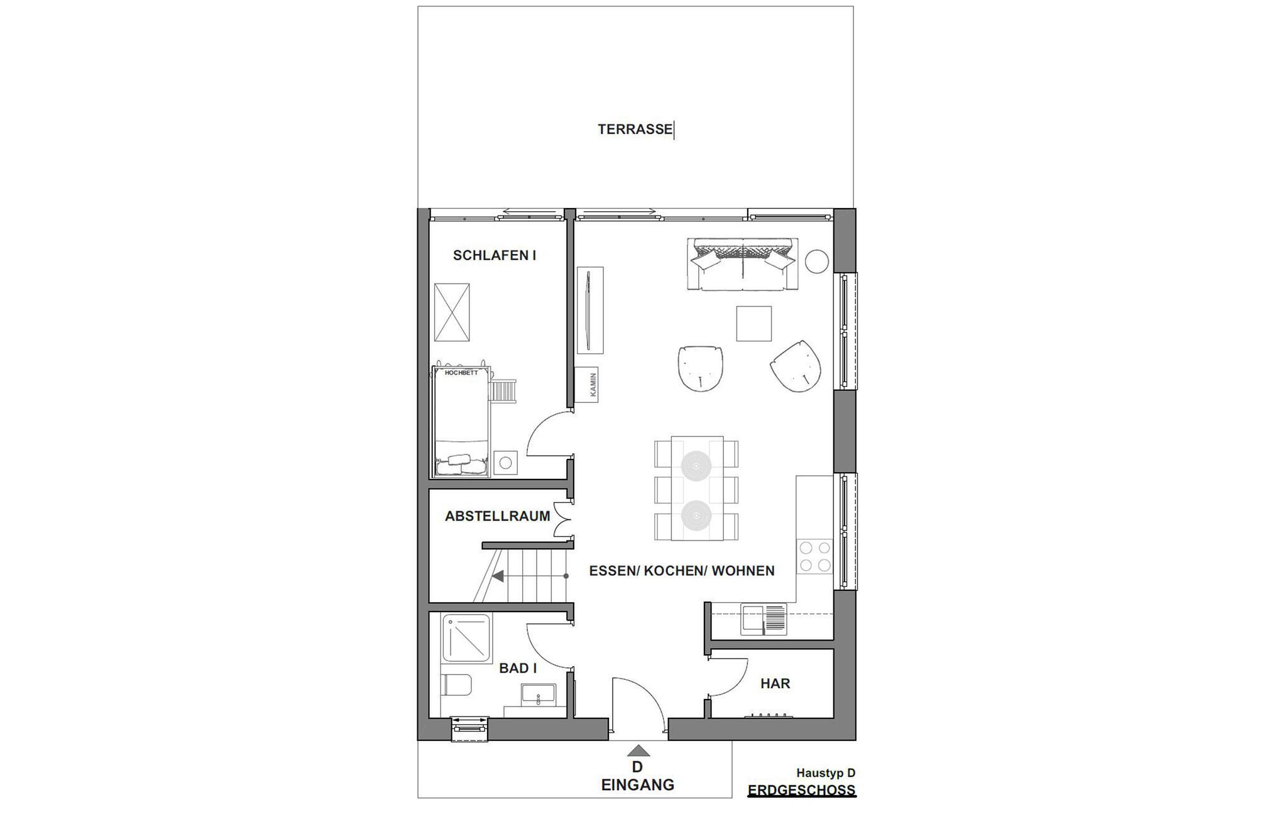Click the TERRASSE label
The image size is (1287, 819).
point(635,129)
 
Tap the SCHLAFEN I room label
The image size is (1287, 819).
point(495,255)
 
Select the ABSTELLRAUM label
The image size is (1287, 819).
point(498,516)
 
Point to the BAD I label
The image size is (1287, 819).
point(518,668)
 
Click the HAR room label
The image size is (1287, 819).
point(775,683)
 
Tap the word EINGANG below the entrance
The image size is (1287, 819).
point(638,785)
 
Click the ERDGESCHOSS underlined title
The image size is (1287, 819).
point(802,791)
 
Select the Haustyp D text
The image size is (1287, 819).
point(826,773)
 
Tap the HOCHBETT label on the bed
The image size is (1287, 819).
point(461,373)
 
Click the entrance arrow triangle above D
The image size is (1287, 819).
point(638,750)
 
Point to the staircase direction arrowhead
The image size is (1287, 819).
point(498,576)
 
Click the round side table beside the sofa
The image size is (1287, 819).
point(817,261)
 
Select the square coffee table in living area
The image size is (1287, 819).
point(754,324)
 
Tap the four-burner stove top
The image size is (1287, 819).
point(814,556)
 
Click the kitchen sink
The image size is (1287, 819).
point(764,618)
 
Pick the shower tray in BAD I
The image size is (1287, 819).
point(467,638)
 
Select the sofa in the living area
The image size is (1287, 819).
point(743,264)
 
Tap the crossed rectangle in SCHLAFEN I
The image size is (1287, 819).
point(452,312)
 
